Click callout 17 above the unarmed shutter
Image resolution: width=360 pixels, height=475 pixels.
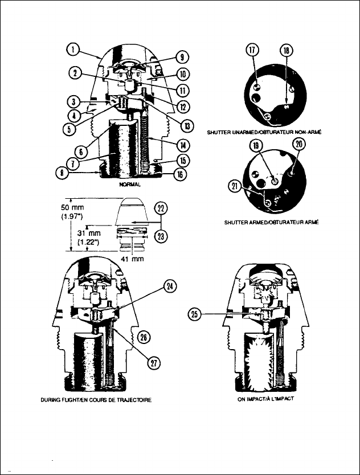pos(252,50)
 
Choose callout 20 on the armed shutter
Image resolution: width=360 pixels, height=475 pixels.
pos(298,145)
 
